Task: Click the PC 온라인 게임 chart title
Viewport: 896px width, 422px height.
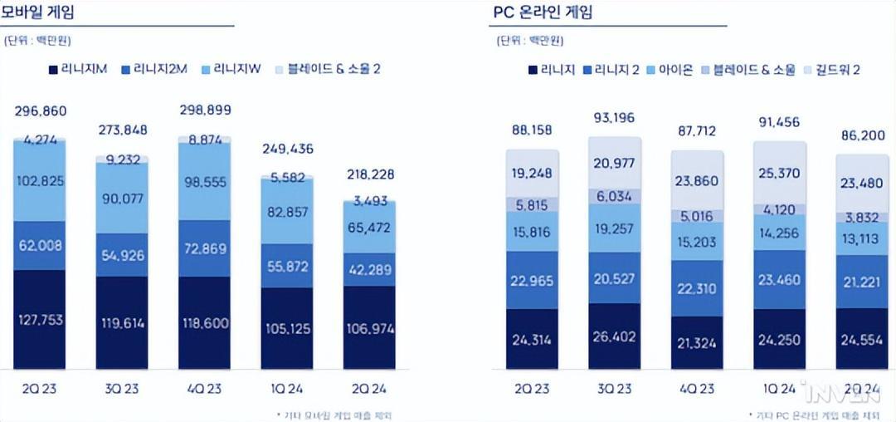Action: click(x=545, y=12)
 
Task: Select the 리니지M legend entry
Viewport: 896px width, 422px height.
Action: click(x=80, y=69)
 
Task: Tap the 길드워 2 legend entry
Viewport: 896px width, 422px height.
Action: click(x=830, y=69)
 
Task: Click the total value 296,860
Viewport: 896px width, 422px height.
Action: click(x=41, y=111)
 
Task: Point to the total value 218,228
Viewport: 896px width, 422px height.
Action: click(x=371, y=174)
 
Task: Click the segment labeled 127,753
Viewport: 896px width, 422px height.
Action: click(x=39, y=321)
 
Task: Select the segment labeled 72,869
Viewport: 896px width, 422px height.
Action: click(x=205, y=249)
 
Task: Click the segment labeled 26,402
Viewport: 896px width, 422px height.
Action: click(x=615, y=338)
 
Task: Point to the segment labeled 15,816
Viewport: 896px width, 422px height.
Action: click(x=532, y=232)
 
